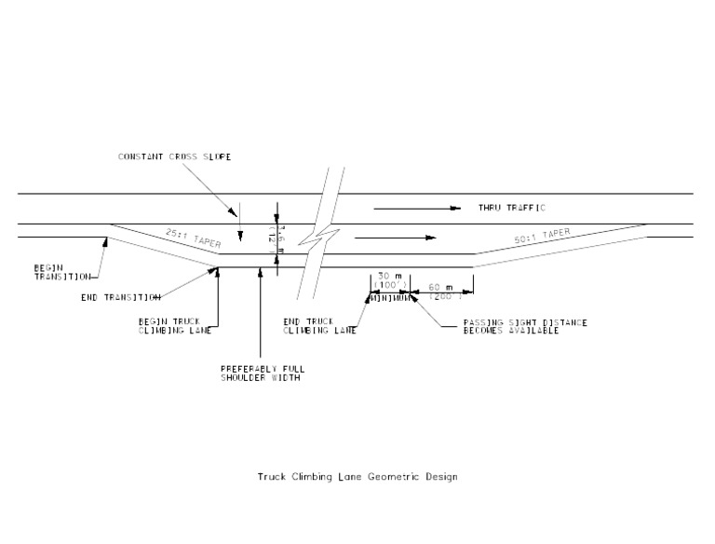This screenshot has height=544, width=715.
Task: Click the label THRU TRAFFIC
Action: [x=511, y=208]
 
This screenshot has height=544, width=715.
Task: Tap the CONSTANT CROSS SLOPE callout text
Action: [x=174, y=156]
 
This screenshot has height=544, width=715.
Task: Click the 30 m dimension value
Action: [x=386, y=276]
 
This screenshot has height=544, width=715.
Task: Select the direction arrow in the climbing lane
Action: [x=395, y=238]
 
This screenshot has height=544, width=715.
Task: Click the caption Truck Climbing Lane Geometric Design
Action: [x=357, y=477]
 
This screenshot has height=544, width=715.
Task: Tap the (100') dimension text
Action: [x=387, y=285]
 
